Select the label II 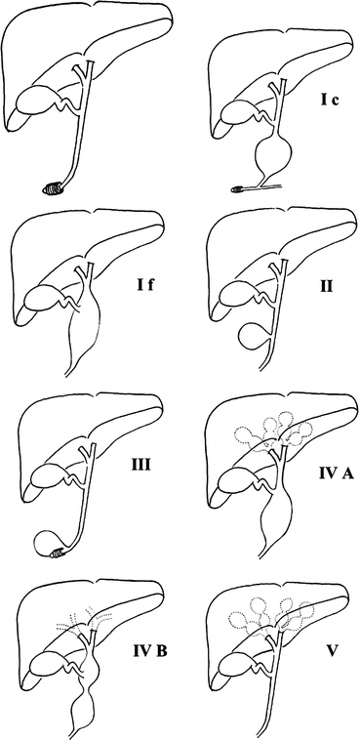point(328,287)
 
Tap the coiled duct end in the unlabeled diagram point(56,185)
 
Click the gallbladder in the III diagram point(46,476)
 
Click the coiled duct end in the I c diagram point(241,186)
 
